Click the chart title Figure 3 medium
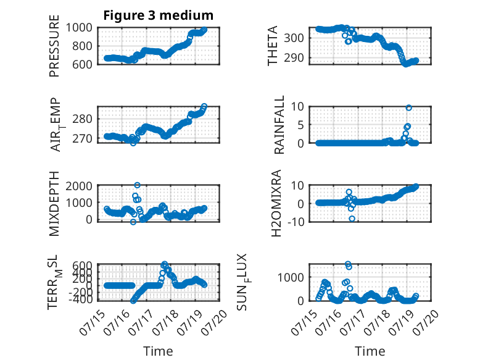click(159, 15)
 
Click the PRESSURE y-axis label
click(54, 46)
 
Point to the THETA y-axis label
click(273, 46)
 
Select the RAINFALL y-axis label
click(279, 125)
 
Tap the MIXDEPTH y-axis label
click(54, 204)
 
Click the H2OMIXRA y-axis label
click(276, 203)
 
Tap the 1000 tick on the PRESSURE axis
click(79, 28)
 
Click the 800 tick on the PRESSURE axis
click(82, 46)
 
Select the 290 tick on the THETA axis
click(294, 57)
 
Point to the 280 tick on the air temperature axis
click(82, 119)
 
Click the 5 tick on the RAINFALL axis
click(300, 125)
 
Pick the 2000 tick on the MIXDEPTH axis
click(79, 186)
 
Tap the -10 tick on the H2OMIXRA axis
click(296, 222)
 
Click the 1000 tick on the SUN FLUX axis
click(291, 278)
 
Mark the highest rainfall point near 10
click(408, 107)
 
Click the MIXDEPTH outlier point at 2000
click(137, 185)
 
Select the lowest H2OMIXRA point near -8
click(352, 219)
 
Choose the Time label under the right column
click(370, 351)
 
